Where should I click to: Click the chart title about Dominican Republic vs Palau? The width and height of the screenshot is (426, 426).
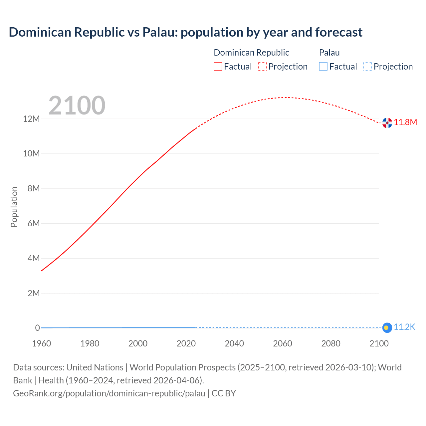coord(185,32)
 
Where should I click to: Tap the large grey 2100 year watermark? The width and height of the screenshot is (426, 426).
coord(77,106)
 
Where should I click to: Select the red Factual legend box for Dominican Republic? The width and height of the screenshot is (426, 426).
coord(218,67)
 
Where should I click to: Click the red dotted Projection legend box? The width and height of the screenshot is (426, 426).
coord(262,67)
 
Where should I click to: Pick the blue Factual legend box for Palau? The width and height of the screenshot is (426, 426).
coord(323,67)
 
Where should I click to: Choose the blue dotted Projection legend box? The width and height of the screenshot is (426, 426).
coord(368,67)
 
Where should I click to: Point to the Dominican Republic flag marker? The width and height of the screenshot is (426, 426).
coord(387,123)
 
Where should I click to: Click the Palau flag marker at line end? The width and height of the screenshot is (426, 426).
coord(387,328)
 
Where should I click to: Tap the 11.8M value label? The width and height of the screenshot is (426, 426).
coord(405,122)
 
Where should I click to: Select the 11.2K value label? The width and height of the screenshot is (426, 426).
coord(404,327)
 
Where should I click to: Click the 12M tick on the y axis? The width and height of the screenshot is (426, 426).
coord(31,119)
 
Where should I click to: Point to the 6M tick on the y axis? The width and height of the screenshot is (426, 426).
coord(34,223)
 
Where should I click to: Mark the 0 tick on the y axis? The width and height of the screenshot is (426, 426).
coord(38,328)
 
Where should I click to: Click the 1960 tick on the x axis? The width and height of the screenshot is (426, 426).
coord(42,343)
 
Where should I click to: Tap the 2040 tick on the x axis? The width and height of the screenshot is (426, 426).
coord(234,343)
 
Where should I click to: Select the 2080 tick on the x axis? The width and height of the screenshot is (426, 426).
coord(331,343)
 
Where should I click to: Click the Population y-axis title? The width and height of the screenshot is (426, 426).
coord(14,207)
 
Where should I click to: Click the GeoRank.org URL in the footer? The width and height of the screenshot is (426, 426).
coord(109,393)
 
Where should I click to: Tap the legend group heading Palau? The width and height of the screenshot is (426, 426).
coord(329,53)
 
